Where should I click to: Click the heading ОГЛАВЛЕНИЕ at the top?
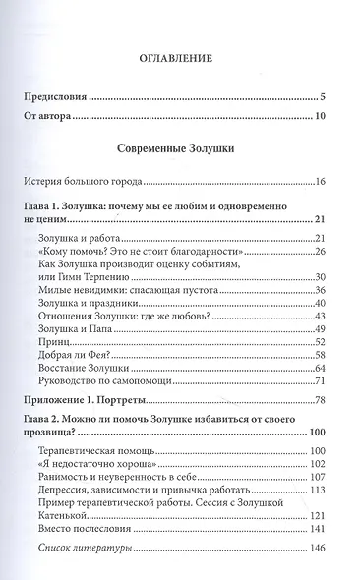[180, 58]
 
